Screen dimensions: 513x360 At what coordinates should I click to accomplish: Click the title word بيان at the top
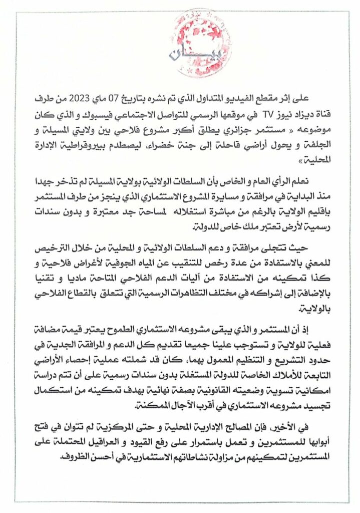[x=179, y=54]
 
